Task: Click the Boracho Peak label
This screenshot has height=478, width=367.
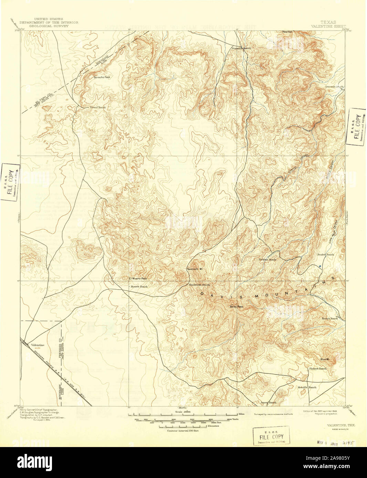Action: click(x=102, y=77)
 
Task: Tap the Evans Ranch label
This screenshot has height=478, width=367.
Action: click(x=98, y=107)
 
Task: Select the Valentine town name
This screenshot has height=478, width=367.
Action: click(x=38, y=345)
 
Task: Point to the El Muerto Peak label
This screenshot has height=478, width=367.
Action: click(x=138, y=278)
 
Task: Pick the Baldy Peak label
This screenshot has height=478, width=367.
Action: click(x=237, y=306)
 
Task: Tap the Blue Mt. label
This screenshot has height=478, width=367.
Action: click(x=325, y=359)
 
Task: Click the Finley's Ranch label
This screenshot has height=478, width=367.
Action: click(x=317, y=369)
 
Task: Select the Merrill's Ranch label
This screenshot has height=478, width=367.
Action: click(x=307, y=387)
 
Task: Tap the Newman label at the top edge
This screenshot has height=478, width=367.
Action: click(x=287, y=32)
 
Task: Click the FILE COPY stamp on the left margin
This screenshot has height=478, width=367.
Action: click(x=10, y=182)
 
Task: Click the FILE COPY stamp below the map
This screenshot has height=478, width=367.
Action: click(x=271, y=436)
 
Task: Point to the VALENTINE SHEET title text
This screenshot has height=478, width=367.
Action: click(x=328, y=26)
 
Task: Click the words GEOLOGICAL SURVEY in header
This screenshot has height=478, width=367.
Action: click(x=49, y=26)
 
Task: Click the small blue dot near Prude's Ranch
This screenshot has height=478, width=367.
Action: click(x=320, y=266)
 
